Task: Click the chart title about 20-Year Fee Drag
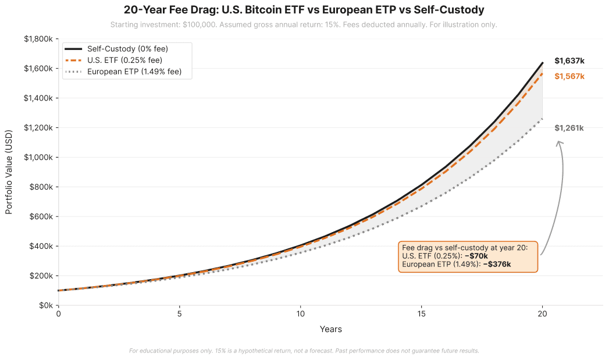point(304,10)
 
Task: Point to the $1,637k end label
point(569,60)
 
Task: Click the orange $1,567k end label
point(569,76)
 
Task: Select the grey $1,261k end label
point(569,128)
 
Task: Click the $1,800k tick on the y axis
point(38,39)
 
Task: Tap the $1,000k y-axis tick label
point(38,158)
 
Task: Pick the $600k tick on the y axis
point(41,217)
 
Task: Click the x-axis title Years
point(330,329)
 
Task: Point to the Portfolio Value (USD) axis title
point(9,173)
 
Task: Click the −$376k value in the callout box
point(497,264)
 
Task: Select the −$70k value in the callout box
point(476,256)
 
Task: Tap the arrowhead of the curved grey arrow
point(559,142)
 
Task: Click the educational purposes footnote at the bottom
point(304,351)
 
